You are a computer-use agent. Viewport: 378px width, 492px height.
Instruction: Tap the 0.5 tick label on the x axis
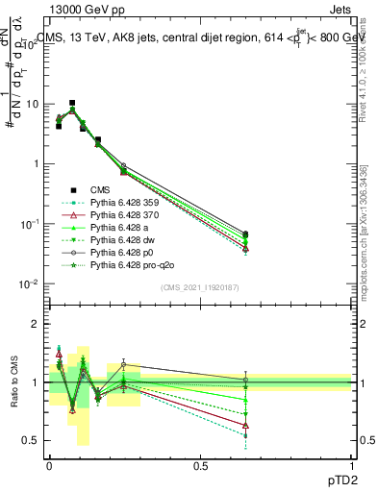click(200, 465)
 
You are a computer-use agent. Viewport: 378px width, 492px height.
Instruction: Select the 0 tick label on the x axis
click(49, 465)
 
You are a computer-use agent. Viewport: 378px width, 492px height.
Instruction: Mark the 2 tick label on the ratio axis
click(36, 325)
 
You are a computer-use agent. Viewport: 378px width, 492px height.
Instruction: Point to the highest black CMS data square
click(72, 103)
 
